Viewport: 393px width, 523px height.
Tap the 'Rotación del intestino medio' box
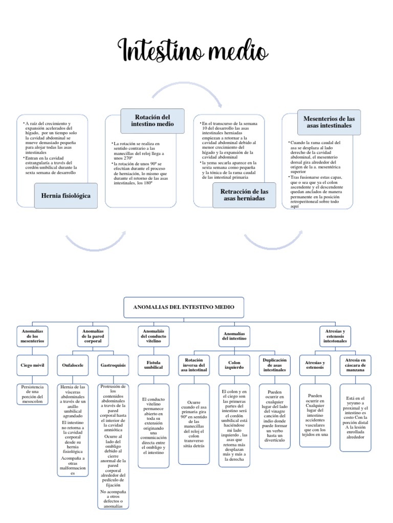pos(152,120)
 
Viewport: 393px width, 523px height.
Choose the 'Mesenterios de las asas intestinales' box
pos(329,122)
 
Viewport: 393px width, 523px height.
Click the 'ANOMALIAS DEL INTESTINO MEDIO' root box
pos(183,307)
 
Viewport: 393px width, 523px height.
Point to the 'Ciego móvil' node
pos(33,366)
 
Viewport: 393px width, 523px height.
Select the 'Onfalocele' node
pos(72,366)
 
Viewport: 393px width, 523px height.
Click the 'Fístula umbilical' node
pos(153,366)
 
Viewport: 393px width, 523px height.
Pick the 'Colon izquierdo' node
pos(233,366)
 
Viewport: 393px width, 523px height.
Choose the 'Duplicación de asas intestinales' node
pos(274,366)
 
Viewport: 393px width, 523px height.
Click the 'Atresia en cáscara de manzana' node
pos(355,366)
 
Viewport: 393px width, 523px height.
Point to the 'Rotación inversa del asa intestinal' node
pos(193,366)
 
